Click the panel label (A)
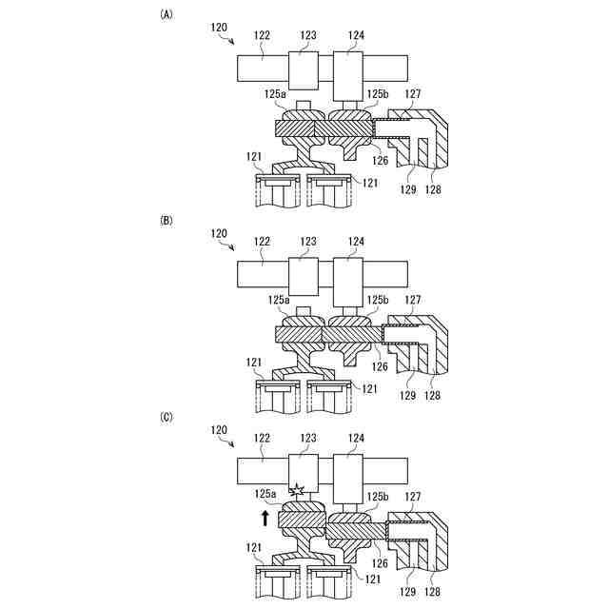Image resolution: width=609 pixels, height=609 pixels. coord(167,14)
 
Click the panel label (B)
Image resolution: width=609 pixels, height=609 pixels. coord(167,220)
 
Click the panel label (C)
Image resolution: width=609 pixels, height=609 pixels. coord(167,416)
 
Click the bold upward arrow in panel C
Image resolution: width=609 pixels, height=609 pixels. coord(265,518)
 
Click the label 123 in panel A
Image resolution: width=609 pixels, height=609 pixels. coord(307,36)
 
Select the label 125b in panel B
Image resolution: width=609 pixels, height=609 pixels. coord(379,300)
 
